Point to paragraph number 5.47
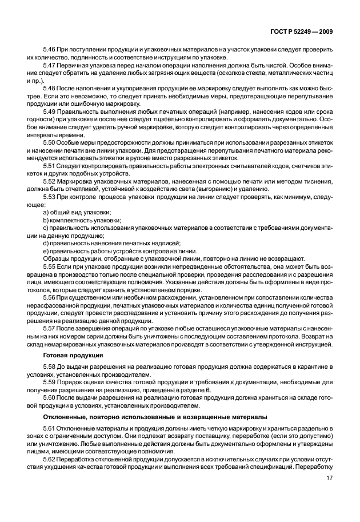[x=49, y=67]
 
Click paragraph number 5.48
[x=49, y=89]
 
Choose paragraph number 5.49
[x=49, y=111]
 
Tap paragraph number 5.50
[x=49, y=142]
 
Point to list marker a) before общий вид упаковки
[x=46, y=213]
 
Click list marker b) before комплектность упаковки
[x=46, y=220]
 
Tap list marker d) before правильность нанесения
[x=46, y=243]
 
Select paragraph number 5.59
[x=49, y=381]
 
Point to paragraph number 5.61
[x=49, y=429]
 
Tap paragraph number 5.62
[x=49, y=459]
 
